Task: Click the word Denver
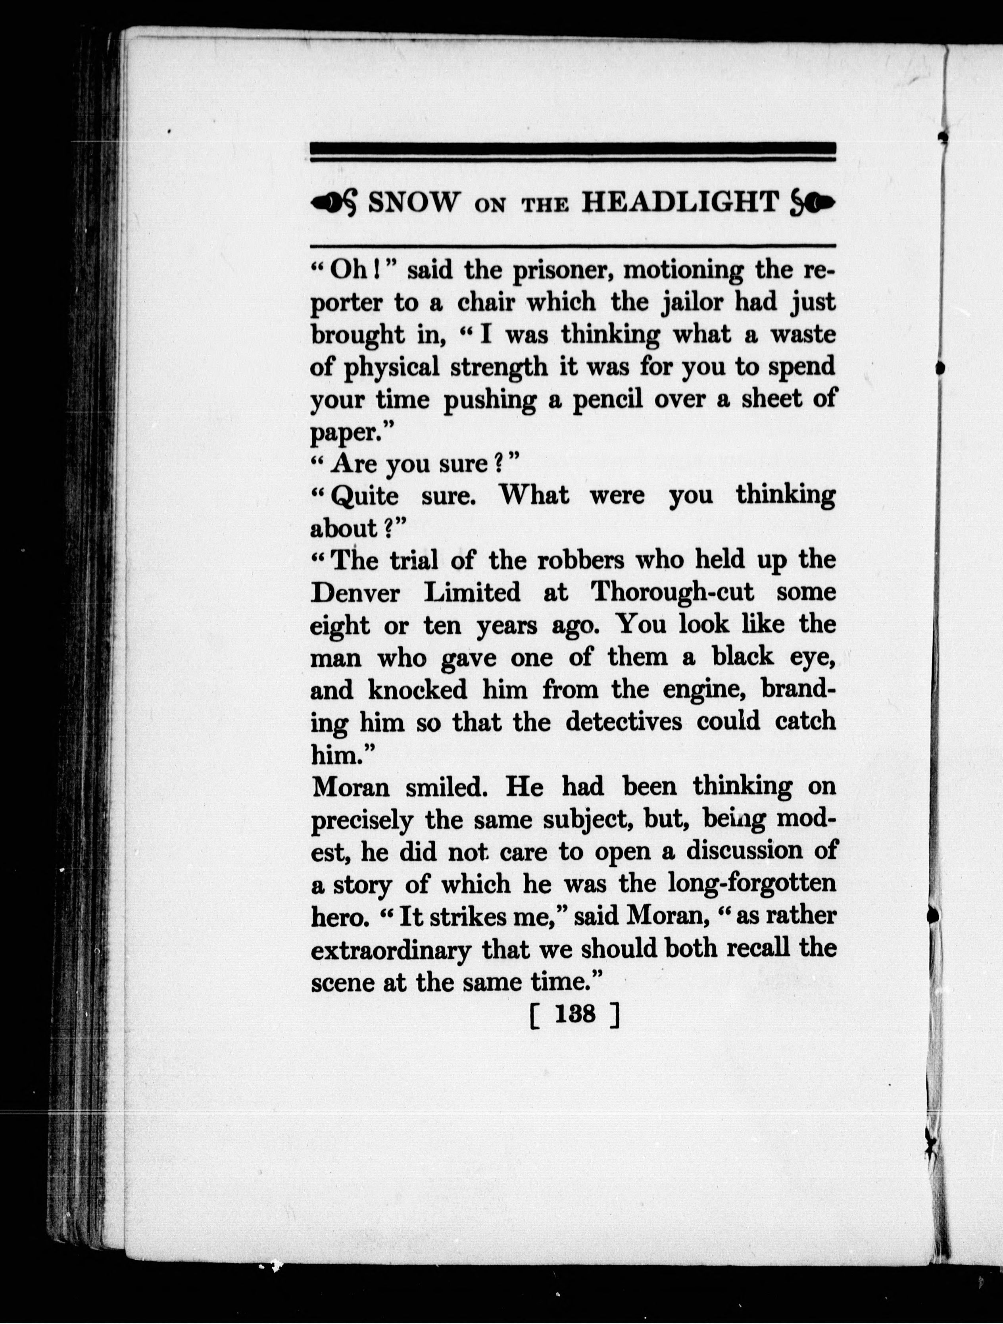355,593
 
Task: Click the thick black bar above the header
573,148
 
